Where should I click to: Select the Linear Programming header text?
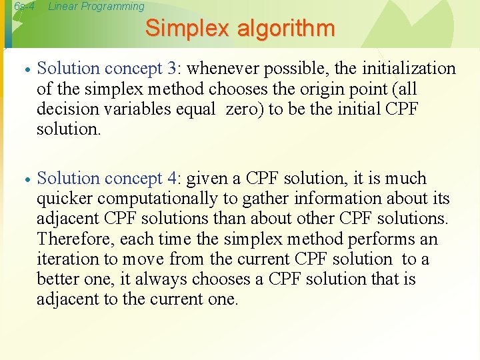96,7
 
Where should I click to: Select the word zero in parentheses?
245,109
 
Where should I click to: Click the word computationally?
155,199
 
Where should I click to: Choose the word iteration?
67,259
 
